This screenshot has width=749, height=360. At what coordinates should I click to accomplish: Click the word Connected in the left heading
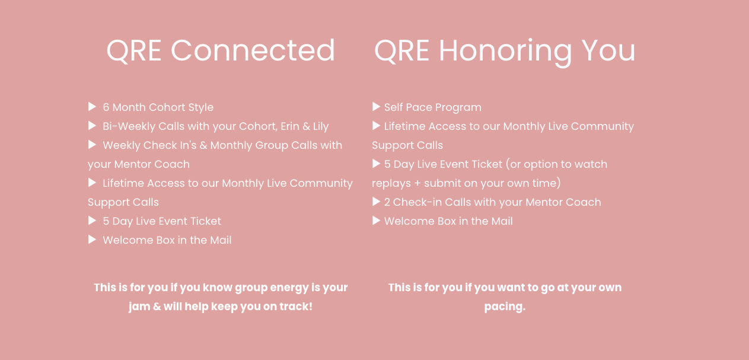coord(253,50)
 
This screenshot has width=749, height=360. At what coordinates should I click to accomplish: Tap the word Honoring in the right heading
coord(505,52)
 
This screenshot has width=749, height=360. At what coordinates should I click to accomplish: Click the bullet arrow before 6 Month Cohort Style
coord(92,107)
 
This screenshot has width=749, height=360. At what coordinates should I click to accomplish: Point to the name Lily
coord(321,127)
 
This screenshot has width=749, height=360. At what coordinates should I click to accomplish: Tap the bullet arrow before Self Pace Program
coord(376,107)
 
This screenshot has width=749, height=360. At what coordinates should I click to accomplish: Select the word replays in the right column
coord(391,184)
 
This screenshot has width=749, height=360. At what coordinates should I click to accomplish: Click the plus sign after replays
coord(417,183)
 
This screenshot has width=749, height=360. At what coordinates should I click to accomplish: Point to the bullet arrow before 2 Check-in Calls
coord(376,202)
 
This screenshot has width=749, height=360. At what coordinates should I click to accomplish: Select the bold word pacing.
coord(505,307)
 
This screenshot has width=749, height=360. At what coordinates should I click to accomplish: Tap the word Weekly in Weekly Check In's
coord(122,145)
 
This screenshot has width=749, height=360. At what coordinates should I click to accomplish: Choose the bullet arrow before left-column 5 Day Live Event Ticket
coord(92,221)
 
